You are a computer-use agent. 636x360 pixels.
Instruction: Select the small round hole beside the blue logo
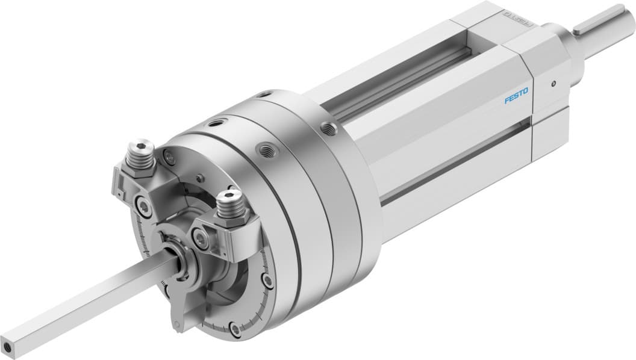[x=552, y=85]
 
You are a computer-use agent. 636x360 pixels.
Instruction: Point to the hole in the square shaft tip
[x=8, y=347]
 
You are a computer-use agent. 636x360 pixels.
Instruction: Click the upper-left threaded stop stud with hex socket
[x=140, y=148]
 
